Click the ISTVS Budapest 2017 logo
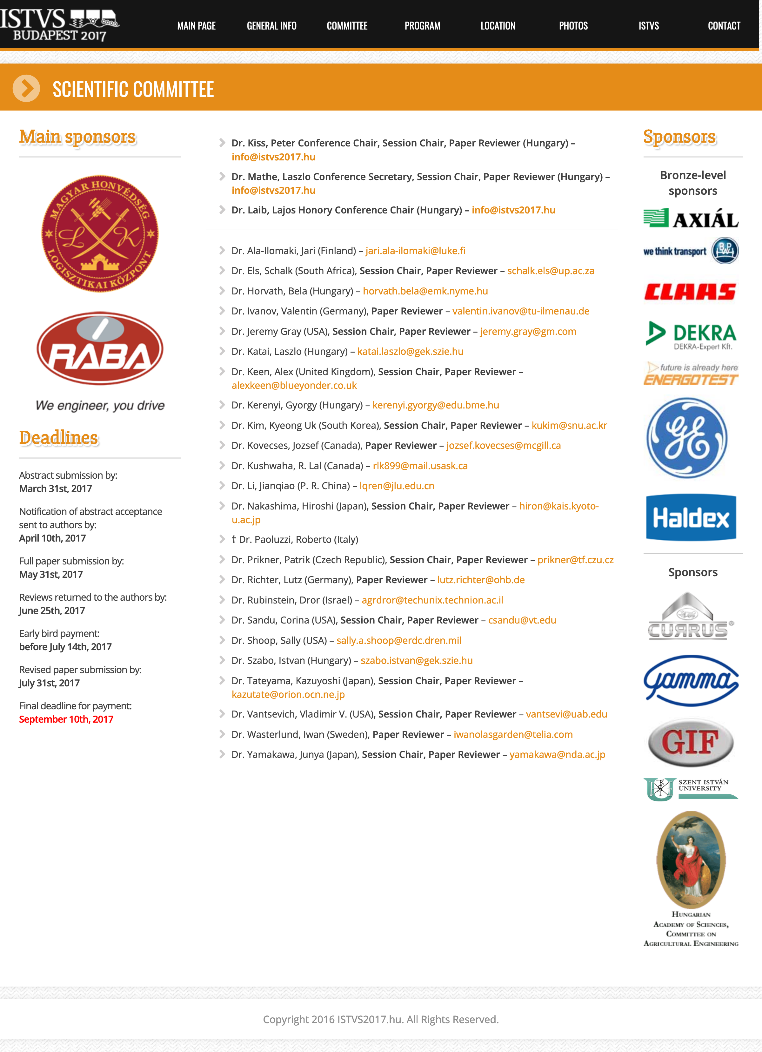click(x=60, y=24)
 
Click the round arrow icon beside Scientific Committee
click(x=26, y=88)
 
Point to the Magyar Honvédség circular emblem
click(x=100, y=233)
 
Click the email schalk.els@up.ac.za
click(x=551, y=271)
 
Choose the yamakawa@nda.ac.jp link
click(x=557, y=755)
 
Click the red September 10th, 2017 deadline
click(x=66, y=719)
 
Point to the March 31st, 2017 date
click(x=56, y=489)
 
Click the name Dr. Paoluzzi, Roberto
click(x=298, y=539)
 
